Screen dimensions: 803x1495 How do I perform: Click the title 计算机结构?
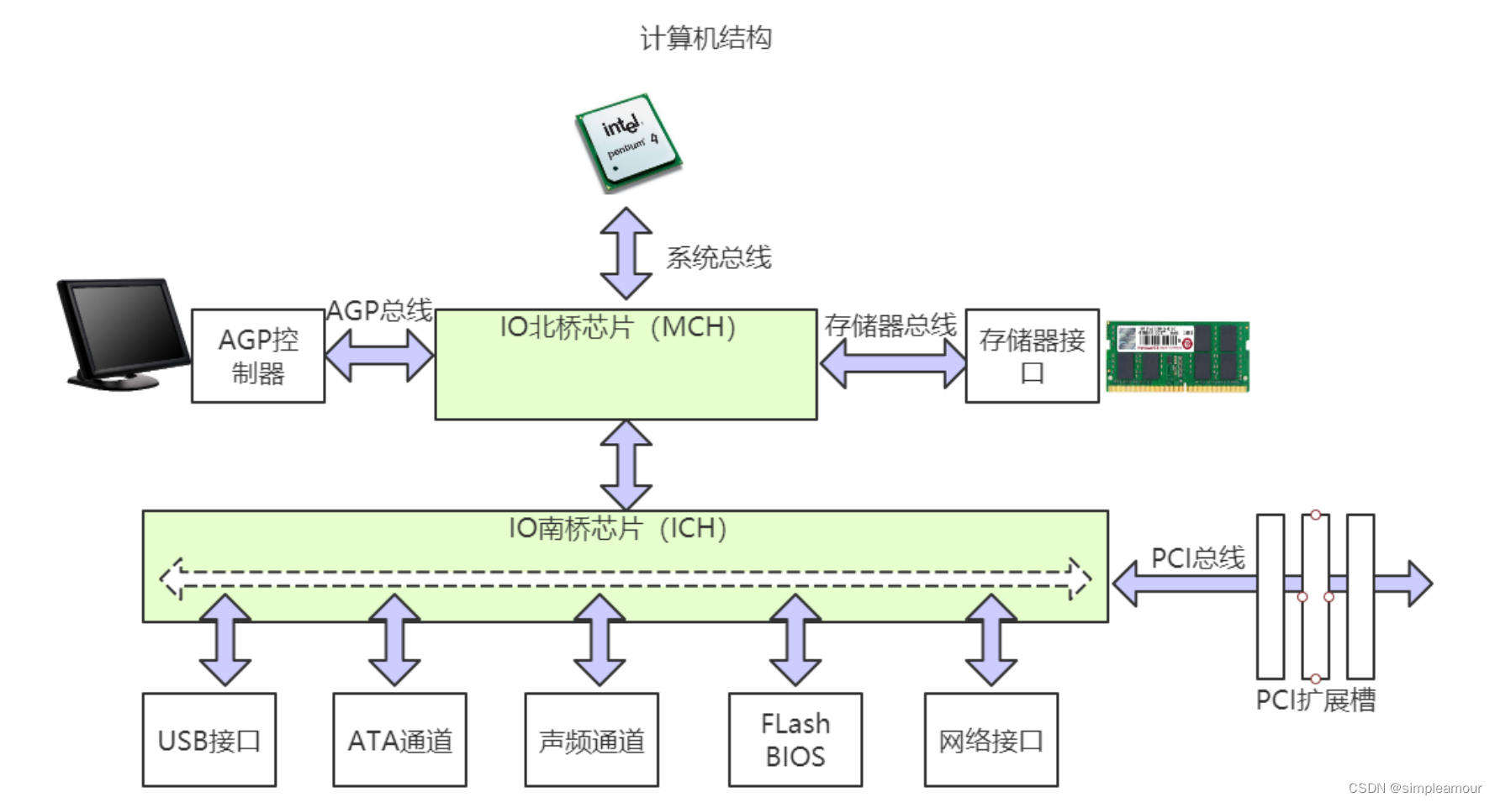click(x=705, y=39)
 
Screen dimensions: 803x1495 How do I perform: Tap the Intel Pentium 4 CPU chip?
click(x=627, y=142)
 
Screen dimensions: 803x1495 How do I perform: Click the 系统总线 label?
click(x=718, y=257)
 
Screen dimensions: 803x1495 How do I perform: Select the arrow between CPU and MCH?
click(x=626, y=253)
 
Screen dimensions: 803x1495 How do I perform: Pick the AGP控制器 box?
click(x=258, y=356)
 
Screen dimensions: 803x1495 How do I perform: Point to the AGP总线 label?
click(x=379, y=310)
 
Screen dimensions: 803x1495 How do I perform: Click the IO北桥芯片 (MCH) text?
click(x=617, y=327)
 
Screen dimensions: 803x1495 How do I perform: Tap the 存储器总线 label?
click(x=890, y=325)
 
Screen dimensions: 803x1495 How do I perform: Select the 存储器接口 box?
click(x=1032, y=356)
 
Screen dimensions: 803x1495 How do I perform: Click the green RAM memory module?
click(x=1177, y=357)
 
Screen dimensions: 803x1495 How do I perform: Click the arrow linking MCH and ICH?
click(x=626, y=465)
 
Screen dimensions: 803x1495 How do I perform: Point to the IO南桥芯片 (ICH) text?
click(x=617, y=528)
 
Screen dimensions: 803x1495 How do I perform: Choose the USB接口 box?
click(x=209, y=740)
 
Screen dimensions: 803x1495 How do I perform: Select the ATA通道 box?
click(x=399, y=740)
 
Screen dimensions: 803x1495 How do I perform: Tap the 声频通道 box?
click(x=591, y=740)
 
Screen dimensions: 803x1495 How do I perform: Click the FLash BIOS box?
click(x=795, y=740)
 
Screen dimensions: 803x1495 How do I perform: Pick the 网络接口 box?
click(x=991, y=740)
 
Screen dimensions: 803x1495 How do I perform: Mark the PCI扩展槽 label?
click(x=1315, y=700)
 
